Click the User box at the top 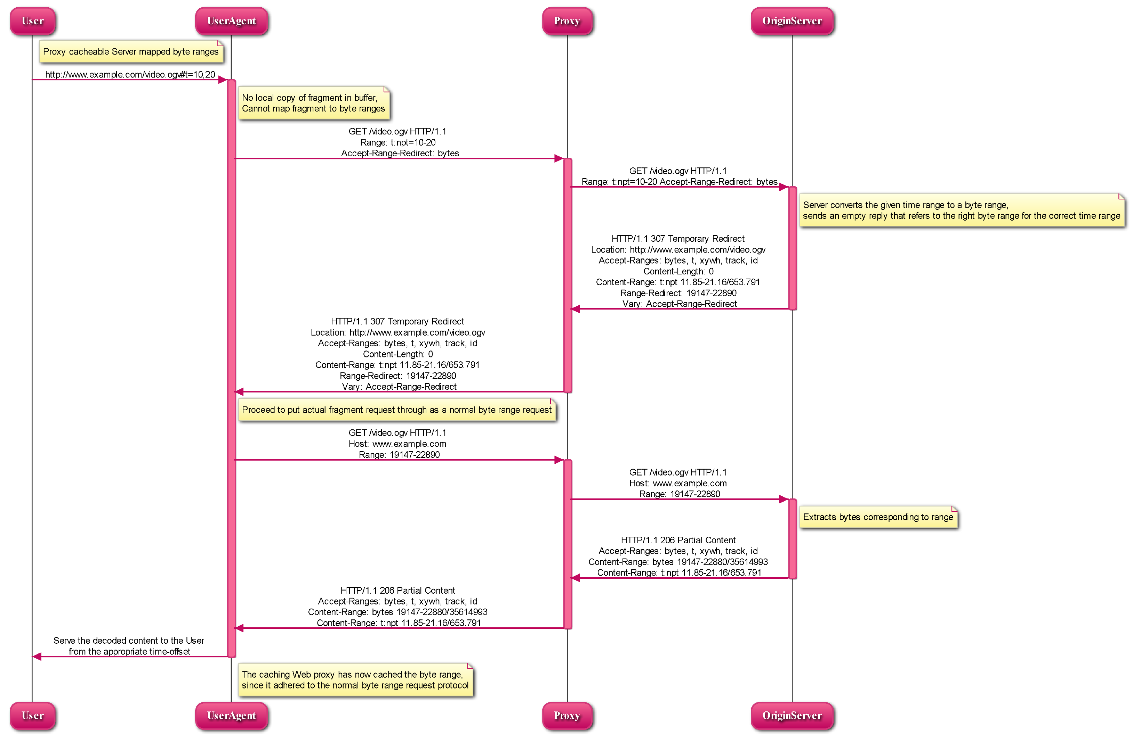(x=32, y=21)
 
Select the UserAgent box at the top (x=231, y=21)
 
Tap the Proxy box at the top (x=567, y=21)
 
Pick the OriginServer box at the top (x=792, y=21)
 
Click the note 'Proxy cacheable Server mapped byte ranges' (x=131, y=51)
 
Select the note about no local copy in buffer (x=314, y=103)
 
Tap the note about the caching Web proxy (x=355, y=680)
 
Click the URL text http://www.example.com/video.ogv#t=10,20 (x=130, y=74)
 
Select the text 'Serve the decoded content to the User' (x=129, y=641)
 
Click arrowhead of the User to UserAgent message (x=223, y=80)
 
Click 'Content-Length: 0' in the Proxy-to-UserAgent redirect (x=398, y=354)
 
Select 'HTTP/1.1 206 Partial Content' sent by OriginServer (x=678, y=540)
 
